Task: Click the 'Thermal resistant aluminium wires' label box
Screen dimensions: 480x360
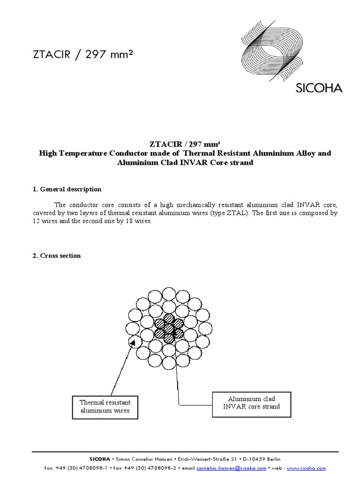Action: tap(105, 407)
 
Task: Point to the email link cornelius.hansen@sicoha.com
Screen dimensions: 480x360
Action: tap(231, 468)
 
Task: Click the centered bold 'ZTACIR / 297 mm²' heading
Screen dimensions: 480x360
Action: tap(180, 145)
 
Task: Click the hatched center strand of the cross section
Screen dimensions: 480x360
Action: tap(169, 327)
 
